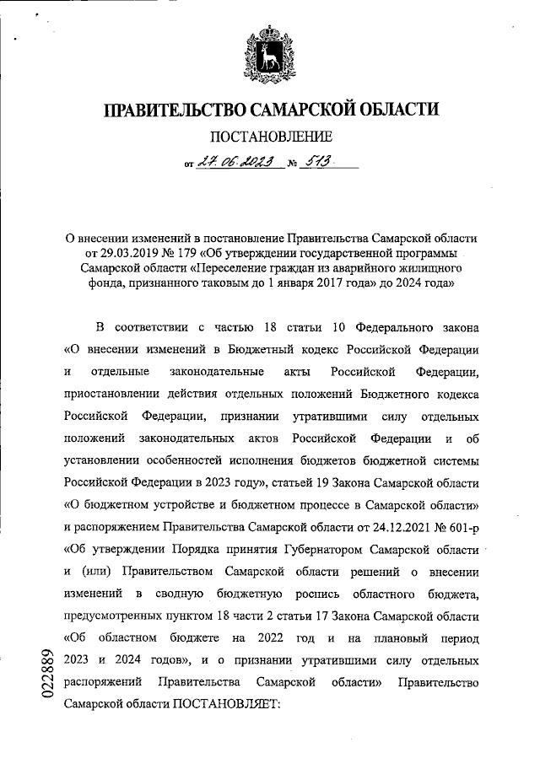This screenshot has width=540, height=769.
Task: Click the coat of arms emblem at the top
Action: [x=270, y=51]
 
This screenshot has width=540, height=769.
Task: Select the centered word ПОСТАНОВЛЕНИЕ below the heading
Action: [x=270, y=137]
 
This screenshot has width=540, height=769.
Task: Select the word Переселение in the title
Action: [x=230, y=268]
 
